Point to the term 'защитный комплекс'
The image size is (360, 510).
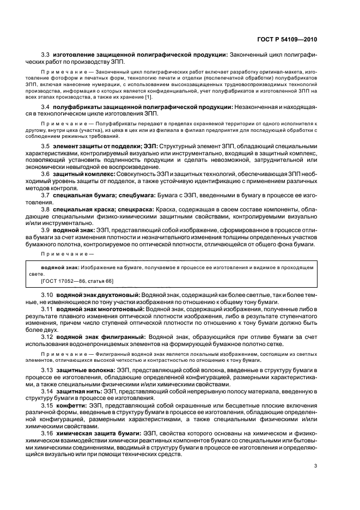pyautogui.click(x=83, y=189)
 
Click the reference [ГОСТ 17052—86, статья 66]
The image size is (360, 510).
pyautogui.click(x=77, y=281)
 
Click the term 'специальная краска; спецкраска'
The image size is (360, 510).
pyautogui.click(x=103, y=224)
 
